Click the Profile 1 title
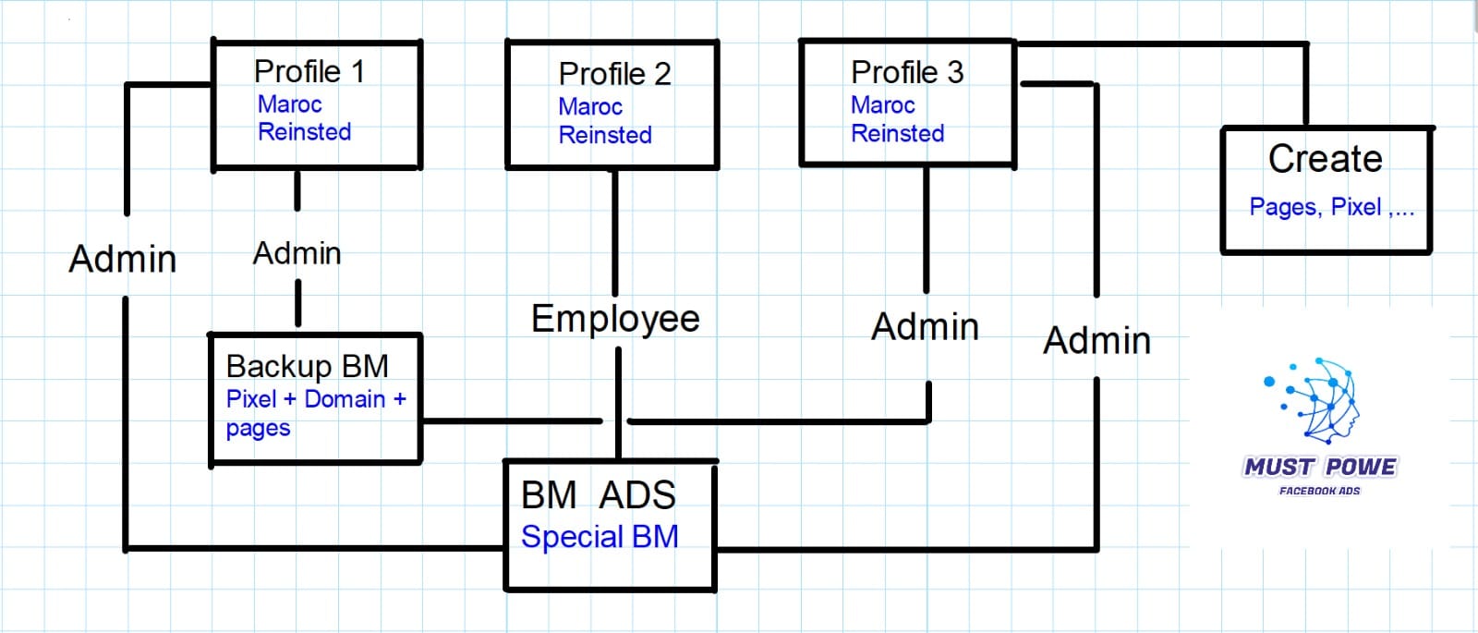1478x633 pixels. (x=309, y=71)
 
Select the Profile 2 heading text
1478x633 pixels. (x=614, y=74)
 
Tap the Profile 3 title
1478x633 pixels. (x=907, y=72)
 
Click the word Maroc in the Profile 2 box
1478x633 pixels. (x=590, y=107)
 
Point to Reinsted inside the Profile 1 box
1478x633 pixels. (x=304, y=132)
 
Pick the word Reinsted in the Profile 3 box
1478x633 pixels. (x=897, y=134)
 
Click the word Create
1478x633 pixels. (x=1325, y=159)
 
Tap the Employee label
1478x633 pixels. (x=615, y=319)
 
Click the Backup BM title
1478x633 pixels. (x=307, y=367)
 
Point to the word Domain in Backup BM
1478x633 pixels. (x=345, y=399)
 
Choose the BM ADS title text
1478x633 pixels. (x=598, y=495)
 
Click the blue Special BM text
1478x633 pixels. (x=600, y=537)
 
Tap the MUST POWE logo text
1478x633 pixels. (x=1319, y=467)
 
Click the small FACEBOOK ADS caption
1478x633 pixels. (x=1319, y=491)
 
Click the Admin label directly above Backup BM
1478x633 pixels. (x=297, y=253)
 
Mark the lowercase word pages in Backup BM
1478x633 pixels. (x=258, y=429)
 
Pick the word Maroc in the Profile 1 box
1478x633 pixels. (x=289, y=104)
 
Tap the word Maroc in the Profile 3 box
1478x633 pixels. (x=882, y=105)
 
